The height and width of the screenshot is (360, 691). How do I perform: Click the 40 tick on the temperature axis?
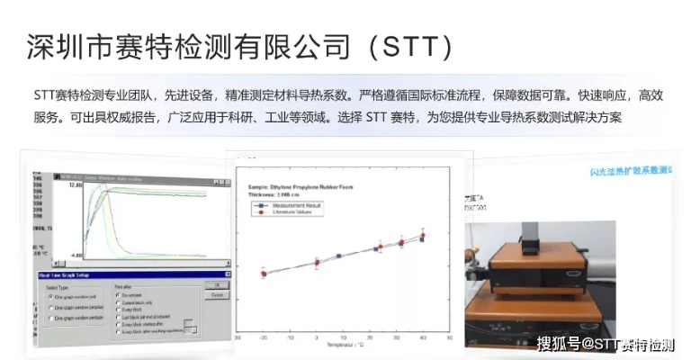point(422,337)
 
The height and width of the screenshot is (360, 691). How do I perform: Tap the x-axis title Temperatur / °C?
point(343,345)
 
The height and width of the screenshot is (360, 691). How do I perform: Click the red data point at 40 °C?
point(422,236)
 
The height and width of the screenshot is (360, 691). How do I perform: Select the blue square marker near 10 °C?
point(340,256)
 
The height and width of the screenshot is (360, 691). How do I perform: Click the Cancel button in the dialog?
point(217,294)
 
